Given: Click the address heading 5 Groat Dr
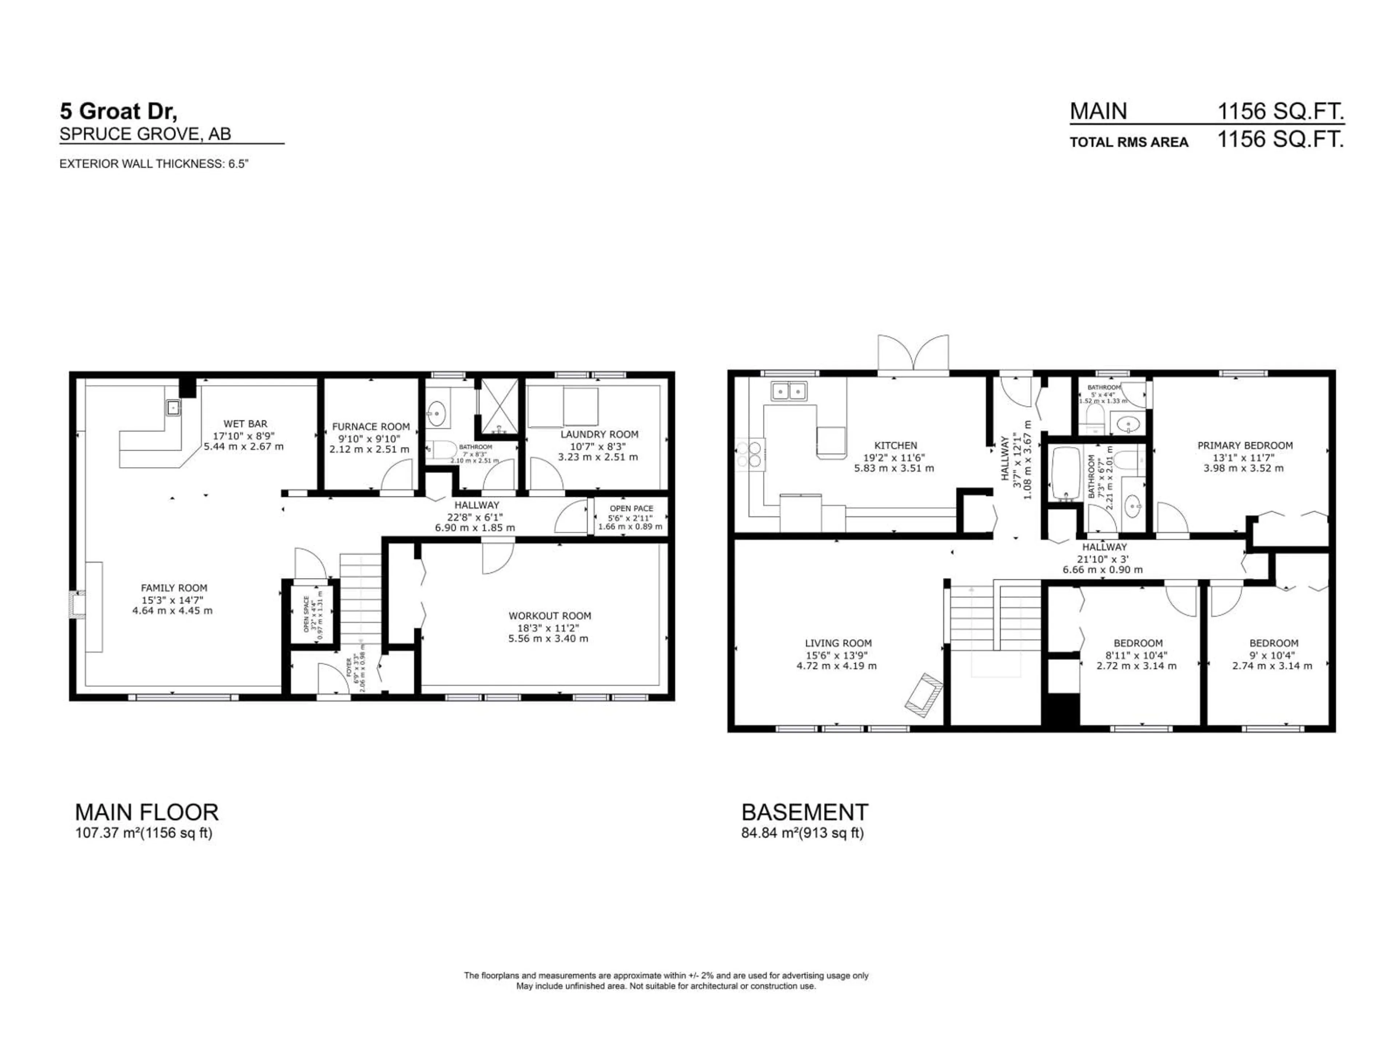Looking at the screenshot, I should coord(119,111).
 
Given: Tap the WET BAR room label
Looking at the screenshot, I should coord(245,424).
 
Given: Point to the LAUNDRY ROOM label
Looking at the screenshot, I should coord(599,434).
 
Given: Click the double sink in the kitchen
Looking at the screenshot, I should coord(788,391).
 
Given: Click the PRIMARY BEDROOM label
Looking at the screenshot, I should coord(1245,445).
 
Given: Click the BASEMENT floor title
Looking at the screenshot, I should coord(805,812).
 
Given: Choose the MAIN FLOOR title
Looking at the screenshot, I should coord(147,812).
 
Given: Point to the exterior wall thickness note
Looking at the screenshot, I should coord(154,164).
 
